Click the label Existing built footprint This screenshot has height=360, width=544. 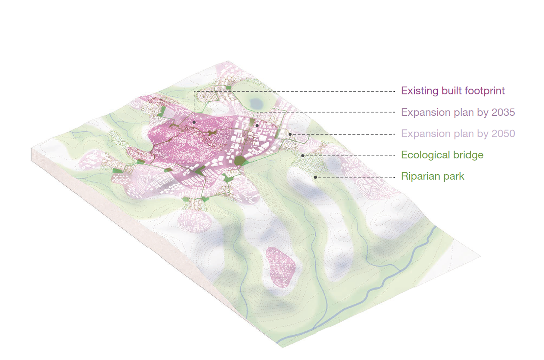tap(453, 91)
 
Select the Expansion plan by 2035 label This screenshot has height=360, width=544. tap(458, 112)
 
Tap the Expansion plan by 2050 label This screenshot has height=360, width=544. tap(458, 134)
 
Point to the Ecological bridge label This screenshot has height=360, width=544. tap(442, 155)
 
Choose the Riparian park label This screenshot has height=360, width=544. tap(432, 176)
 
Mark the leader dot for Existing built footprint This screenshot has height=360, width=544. tap(194, 122)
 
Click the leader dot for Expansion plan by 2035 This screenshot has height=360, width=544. tap(257, 126)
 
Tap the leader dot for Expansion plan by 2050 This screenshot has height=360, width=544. tap(290, 134)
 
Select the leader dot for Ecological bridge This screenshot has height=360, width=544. tap(303, 155)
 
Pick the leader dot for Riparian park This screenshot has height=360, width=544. tap(315, 177)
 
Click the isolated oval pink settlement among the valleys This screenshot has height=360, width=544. tap(280, 266)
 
